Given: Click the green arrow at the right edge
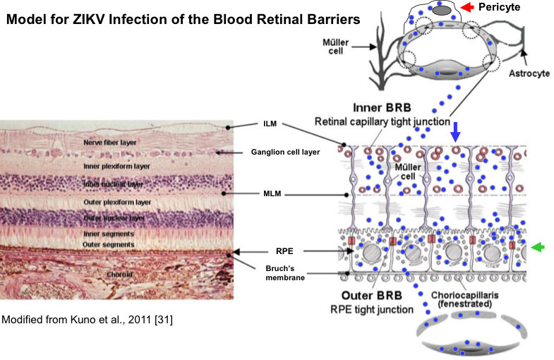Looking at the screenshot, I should (539, 246).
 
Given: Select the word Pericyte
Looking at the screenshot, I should (504, 8).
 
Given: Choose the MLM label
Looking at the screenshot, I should (273, 192).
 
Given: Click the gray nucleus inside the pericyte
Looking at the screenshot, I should (440, 10).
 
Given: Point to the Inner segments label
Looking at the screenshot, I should (108, 234).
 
